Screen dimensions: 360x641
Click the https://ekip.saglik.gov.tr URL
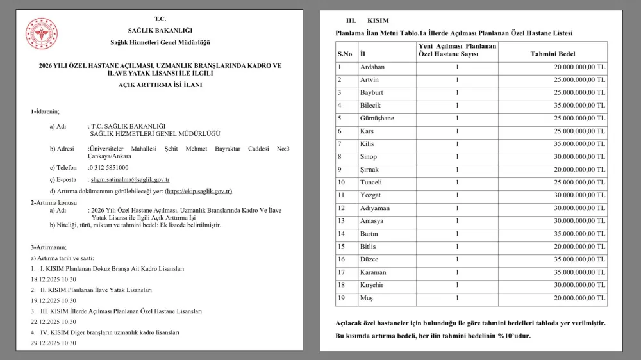tap(199, 192)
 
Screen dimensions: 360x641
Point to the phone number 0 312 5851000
tap(108, 167)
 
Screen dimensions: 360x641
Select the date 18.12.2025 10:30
tap(53, 279)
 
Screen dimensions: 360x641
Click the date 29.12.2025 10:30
tap(53, 343)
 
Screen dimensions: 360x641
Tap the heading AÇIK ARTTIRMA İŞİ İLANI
tap(160, 85)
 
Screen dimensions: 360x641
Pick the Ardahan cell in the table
tap(372, 67)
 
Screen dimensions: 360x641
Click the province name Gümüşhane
tap(377, 119)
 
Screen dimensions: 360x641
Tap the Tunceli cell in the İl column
tap(373, 183)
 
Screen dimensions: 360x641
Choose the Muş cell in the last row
tap(367, 298)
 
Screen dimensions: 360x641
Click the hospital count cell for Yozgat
tap(457, 195)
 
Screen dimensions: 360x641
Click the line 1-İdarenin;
tap(45, 111)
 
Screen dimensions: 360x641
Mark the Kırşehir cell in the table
tap(374, 285)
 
